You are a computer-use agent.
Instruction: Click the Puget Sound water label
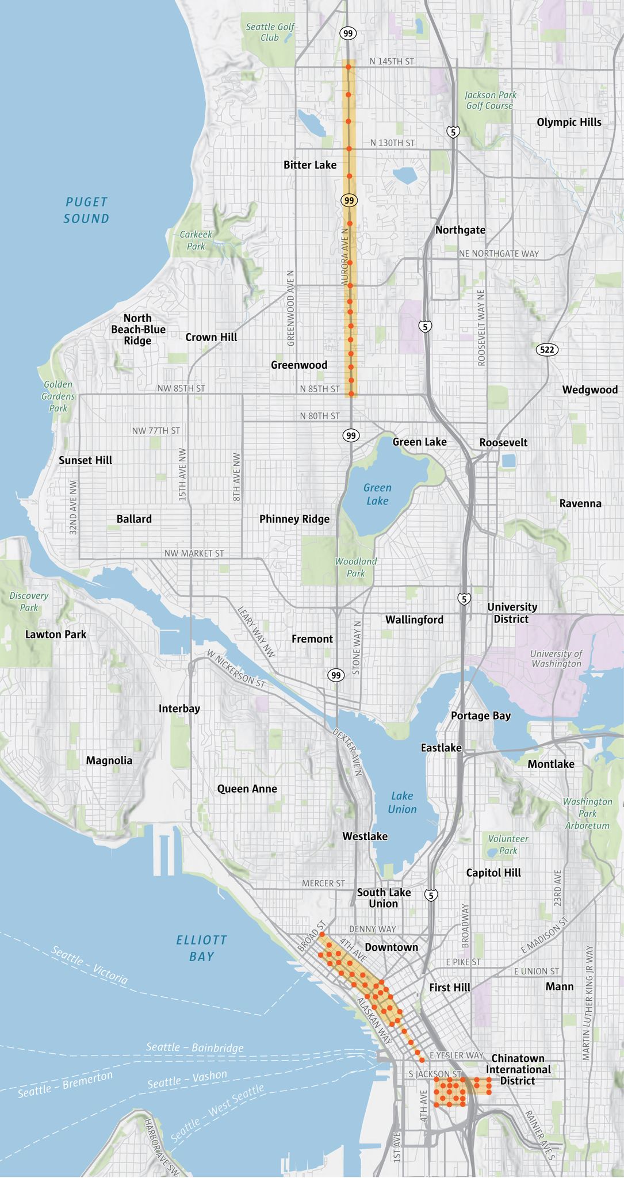coord(86,210)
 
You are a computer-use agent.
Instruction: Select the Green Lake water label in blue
coord(377,494)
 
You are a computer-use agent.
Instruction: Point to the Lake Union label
coord(401,802)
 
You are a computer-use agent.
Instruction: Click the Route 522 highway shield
coord(547,350)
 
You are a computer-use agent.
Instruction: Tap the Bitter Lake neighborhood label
coord(310,165)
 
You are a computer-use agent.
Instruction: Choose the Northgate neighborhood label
coord(460,230)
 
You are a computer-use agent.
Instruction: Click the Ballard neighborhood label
coord(134,519)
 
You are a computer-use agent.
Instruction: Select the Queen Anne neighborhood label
coord(247,789)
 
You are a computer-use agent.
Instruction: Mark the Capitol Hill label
coord(493,873)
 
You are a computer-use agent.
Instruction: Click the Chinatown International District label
coord(518,1069)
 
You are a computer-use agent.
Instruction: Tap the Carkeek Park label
coord(196,240)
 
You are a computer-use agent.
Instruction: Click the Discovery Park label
coord(29,602)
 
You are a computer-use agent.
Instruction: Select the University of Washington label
coord(556,659)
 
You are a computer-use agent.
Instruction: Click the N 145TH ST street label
coord(392,61)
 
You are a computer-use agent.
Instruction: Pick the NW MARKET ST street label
coord(194,553)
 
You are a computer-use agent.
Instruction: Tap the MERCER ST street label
coord(323,883)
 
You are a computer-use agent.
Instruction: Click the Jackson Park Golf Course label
coord(490,100)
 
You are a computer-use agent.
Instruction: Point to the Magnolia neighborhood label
coord(109,760)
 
